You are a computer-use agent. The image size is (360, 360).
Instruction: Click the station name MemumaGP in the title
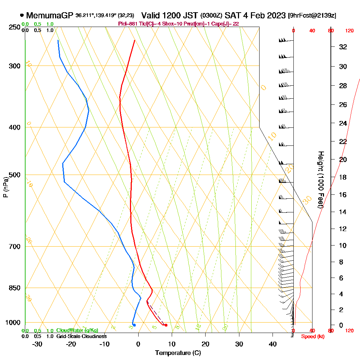point(50,15)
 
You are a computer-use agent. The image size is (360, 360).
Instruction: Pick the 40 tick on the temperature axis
point(273,344)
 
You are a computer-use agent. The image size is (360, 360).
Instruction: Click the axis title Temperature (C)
point(178,353)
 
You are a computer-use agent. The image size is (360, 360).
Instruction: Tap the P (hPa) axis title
point(5,187)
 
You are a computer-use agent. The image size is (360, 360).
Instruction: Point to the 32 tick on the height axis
point(343,47)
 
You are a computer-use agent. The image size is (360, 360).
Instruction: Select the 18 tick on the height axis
point(343,177)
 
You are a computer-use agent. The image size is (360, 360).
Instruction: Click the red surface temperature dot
point(166,325)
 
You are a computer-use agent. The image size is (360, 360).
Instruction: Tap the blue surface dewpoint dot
point(134,325)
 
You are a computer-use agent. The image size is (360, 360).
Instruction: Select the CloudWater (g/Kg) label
point(77,330)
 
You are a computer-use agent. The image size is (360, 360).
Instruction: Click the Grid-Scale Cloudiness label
point(81,336)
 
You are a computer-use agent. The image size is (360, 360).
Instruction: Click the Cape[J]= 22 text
point(225,24)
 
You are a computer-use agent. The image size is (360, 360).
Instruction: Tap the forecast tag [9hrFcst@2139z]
point(312,16)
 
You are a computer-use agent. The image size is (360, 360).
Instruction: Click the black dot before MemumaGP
point(22,15)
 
